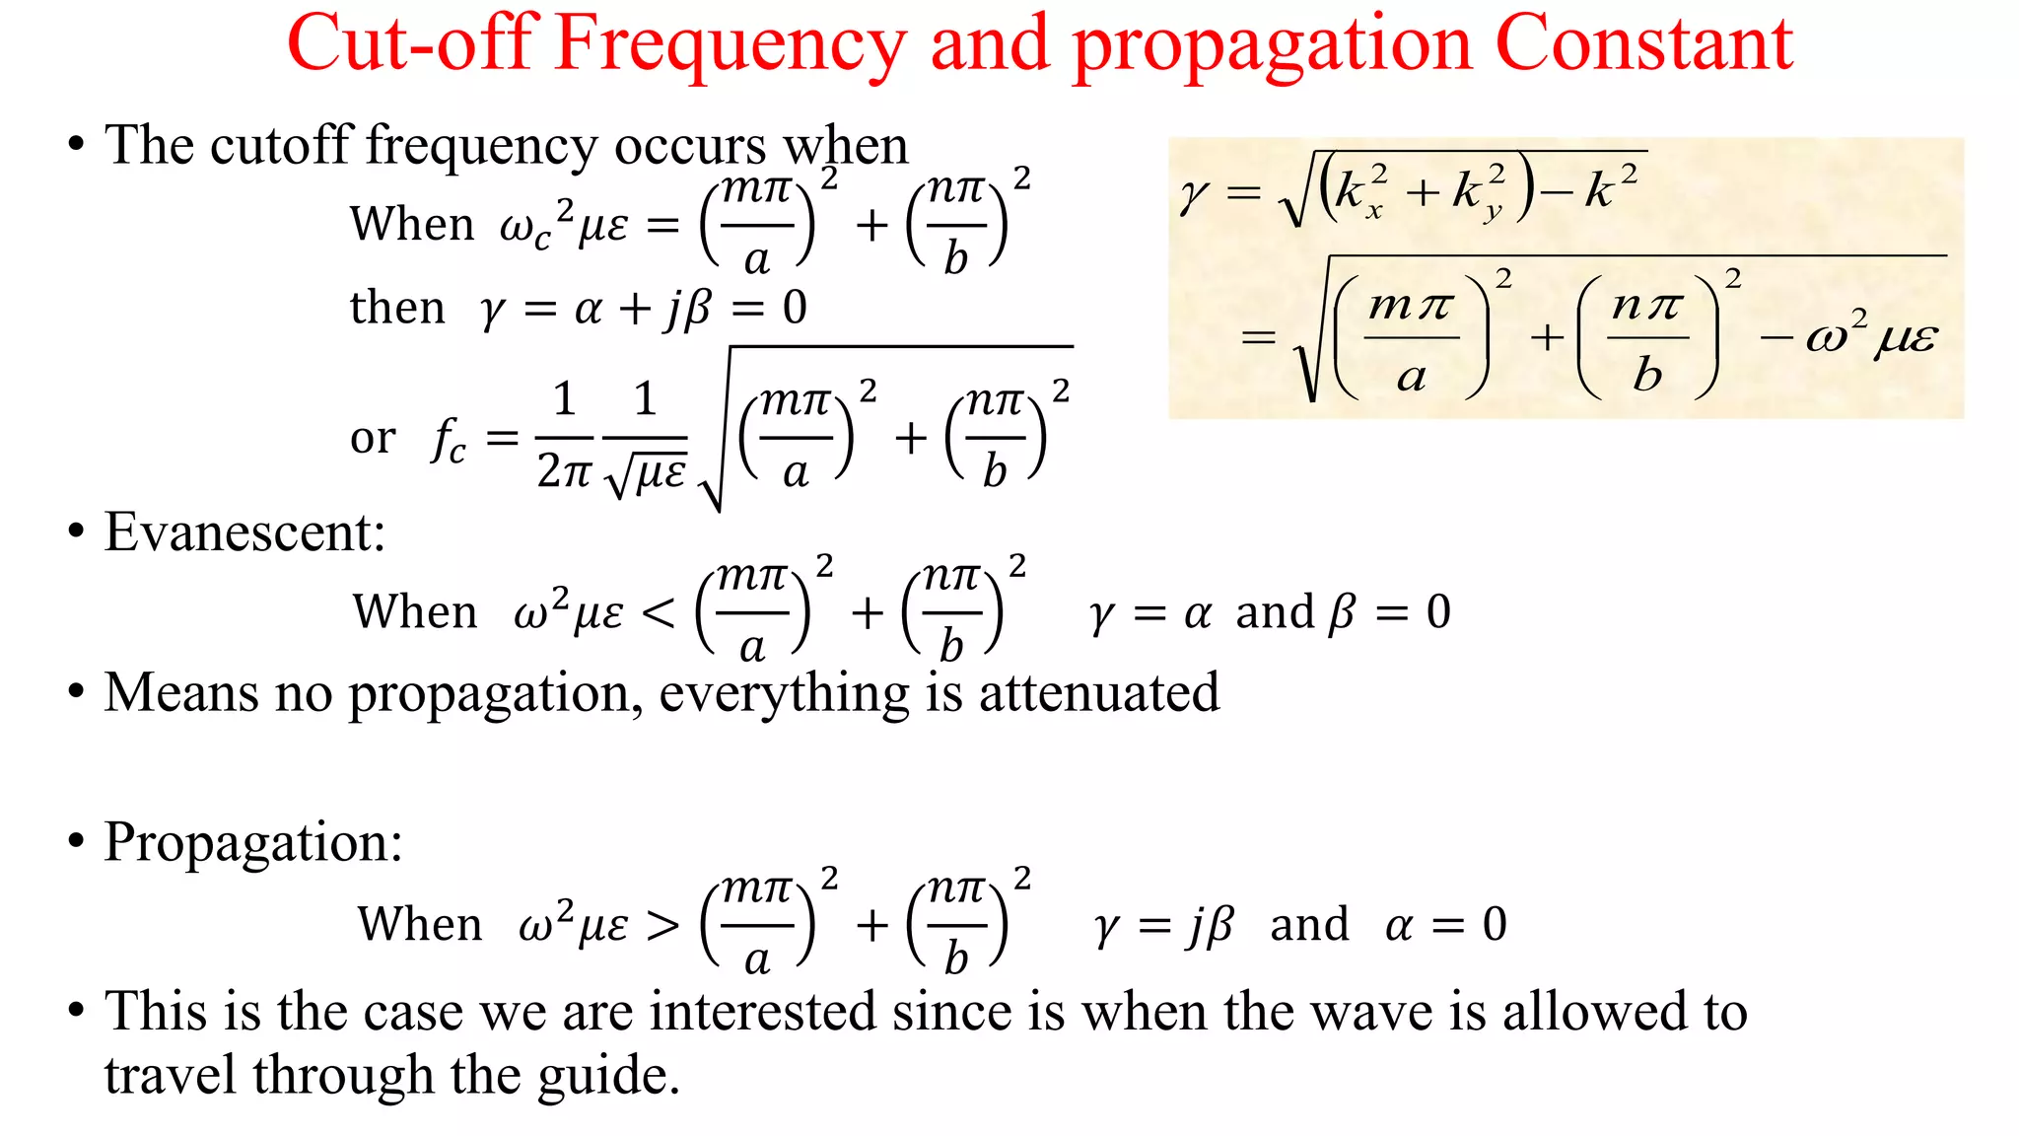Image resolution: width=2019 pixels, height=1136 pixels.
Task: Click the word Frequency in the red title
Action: (x=729, y=45)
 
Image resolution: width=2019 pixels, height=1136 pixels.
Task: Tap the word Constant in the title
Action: (x=1643, y=45)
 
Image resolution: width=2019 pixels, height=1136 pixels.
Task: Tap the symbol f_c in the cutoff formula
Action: (x=449, y=440)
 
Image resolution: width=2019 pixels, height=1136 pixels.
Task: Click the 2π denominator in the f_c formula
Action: (x=563, y=471)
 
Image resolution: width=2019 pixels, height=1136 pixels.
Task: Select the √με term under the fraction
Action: (x=646, y=473)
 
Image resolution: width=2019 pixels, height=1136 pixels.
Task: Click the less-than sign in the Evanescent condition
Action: (x=659, y=613)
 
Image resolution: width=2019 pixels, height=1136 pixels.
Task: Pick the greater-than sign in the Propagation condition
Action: (x=662, y=925)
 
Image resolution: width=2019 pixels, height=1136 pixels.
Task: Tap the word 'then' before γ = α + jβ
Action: (x=397, y=308)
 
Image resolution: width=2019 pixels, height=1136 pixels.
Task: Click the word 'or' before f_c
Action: (x=373, y=438)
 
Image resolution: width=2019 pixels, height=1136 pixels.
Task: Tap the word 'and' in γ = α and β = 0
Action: (x=1275, y=612)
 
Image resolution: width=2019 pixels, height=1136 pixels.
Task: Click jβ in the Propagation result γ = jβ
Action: (x=1211, y=925)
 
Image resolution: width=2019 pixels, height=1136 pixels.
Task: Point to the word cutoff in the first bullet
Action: (x=279, y=146)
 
